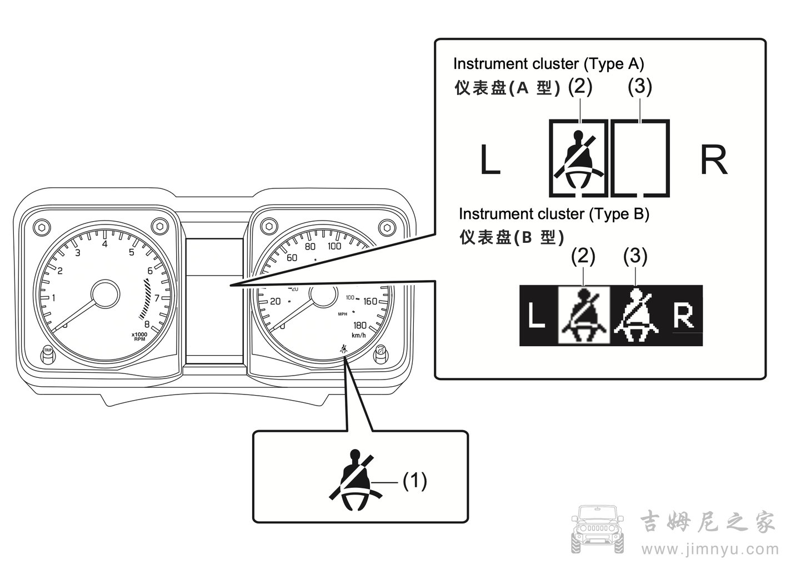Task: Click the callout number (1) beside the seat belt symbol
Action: [x=415, y=481]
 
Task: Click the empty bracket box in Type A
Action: [x=640, y=158]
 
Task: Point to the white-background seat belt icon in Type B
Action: [x=584, y=316]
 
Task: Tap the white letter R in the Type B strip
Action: [x=683, y=316]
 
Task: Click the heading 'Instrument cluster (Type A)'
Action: [x=548, y=64]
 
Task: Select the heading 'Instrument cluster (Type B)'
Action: [x=554, y=214]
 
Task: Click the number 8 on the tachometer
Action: [x=147, y=325]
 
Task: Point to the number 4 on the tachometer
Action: [x=104, y=243]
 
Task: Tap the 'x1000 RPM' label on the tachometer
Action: [x=139, y=337]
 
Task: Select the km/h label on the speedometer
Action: [x=358, y=335]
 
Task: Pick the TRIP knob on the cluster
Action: [x=48, y=354]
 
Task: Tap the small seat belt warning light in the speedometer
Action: [x=344, y=349]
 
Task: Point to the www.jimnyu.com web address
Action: [x=708, y=550]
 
